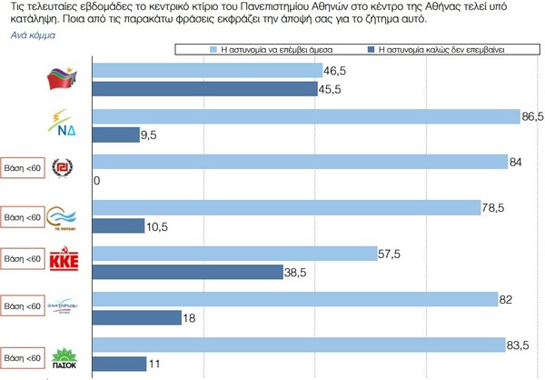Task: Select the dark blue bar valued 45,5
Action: point(204,89)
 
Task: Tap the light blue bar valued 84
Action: point(300,162)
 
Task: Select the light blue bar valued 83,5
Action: point(299,345)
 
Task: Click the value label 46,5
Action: point(335,70)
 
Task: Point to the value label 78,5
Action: point(493,208)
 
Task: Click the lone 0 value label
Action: point(96,180)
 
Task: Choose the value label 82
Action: point(507,299)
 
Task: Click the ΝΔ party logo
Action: point(64,121)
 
